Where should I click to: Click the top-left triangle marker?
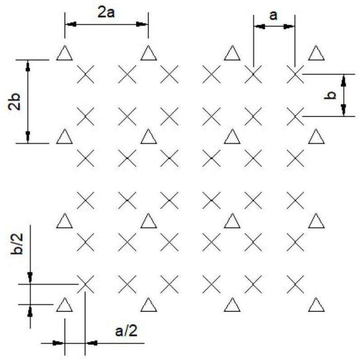[65, 53]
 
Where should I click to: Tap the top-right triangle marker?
[316, 53]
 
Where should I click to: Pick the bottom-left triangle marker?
[65, 305]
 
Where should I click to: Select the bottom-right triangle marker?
[316, 305]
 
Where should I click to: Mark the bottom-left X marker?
[85, 284]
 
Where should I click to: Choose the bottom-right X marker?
[295, 284]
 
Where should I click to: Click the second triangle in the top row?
[148, 53]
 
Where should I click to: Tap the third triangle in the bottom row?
[232, 305]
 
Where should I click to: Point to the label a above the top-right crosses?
[273, 15]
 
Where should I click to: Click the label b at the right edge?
[332, 95]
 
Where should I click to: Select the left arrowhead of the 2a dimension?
[70, 24]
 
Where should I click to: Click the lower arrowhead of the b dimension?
[343, 110]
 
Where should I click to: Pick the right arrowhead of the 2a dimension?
[143, 24]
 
